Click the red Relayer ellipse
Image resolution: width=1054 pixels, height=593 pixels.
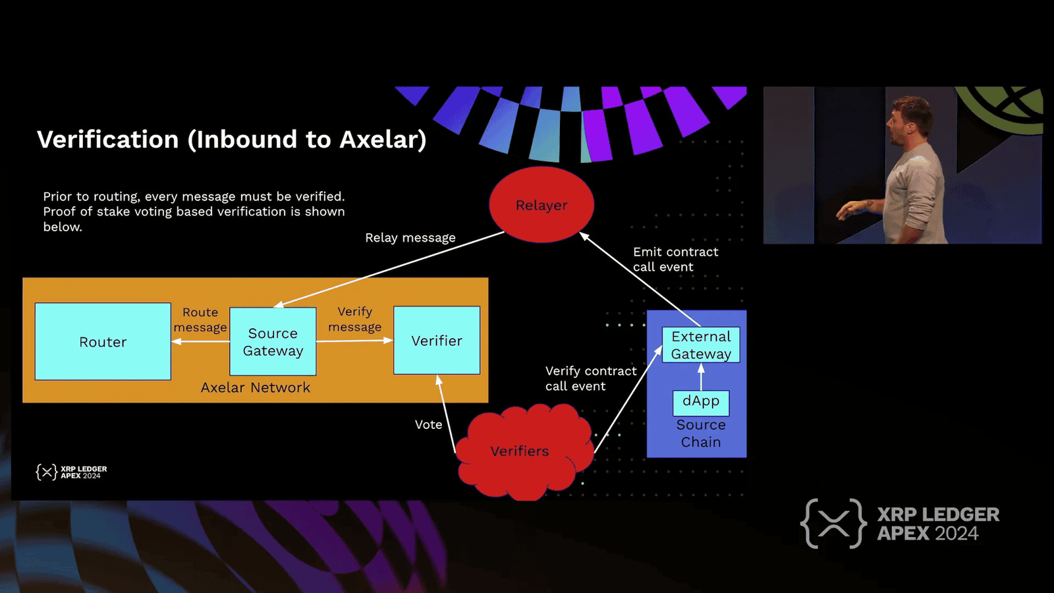tap(541, 205)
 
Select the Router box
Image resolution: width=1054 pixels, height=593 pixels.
tap(103, 341)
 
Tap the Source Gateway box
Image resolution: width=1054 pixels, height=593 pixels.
tap(273, 341)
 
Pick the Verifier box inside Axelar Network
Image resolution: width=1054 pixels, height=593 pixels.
tap(437, 341)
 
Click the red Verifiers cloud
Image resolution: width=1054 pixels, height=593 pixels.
tap(519, 451)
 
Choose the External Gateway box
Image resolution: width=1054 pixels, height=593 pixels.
tap(701, 345)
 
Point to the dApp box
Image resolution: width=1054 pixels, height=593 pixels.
tap(701, 401)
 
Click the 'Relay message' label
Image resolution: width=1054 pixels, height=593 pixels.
tap(410, 238)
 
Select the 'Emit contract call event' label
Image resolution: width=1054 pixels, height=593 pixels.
tap(675, 259)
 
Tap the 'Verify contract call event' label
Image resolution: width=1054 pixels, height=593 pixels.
tap(591, 378)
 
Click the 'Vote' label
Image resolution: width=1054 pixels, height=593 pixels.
tap(428, 425)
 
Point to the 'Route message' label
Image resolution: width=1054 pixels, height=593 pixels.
tap(200, 320)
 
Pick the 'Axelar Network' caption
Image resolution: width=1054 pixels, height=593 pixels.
tap(256, 387)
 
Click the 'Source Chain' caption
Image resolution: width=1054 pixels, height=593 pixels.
tap(701, 434)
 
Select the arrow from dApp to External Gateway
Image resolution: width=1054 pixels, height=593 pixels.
tap(701, 377)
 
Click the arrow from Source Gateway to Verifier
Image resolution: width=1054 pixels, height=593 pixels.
tap(354, 341)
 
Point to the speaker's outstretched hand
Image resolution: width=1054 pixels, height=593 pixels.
tap(845, 212)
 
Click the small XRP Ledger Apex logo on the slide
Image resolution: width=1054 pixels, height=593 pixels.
tap(71, 472)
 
